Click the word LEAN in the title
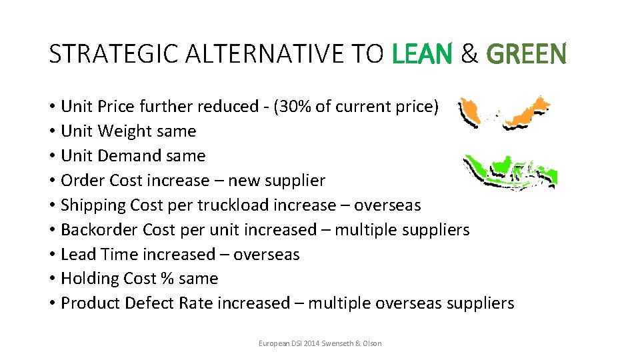tap(422, 54)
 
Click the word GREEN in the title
tap(526, 54)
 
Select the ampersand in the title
tap(469, 54)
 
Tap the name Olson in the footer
tap(371, 343)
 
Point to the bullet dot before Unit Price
tap(52, 107)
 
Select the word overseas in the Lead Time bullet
tap(266, 254)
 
